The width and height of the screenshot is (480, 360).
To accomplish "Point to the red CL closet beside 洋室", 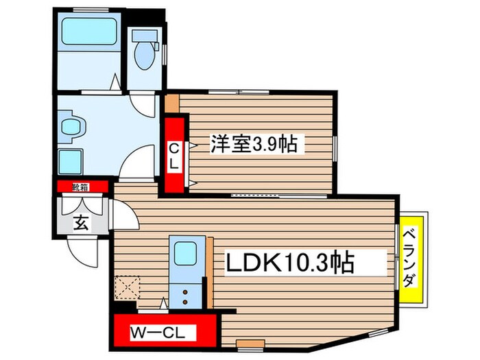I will point(174,156).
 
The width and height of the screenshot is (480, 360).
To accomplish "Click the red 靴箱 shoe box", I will point(81,186).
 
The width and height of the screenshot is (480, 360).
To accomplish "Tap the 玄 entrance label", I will point(81,223).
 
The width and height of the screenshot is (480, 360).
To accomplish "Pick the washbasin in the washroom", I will point(73,128).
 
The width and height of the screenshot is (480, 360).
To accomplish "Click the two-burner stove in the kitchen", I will point(186,296).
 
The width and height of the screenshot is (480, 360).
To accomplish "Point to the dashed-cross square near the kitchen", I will point(128,287).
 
